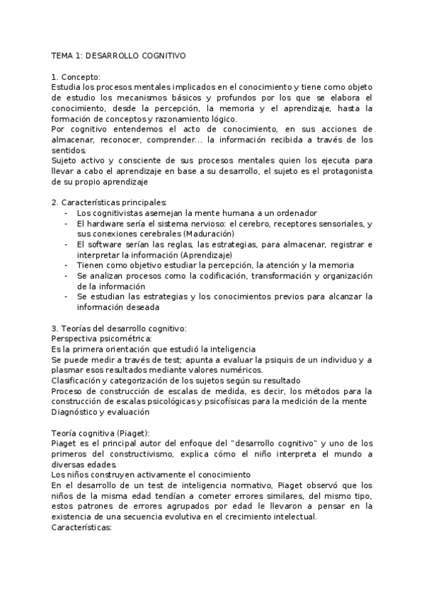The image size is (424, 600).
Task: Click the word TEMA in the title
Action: [63, 54]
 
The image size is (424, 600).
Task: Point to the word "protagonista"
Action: [342, 171]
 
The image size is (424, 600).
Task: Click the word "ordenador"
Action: [295, 213]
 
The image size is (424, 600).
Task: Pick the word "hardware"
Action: [105, 224]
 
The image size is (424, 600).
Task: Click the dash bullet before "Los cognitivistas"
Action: [66, 213]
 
